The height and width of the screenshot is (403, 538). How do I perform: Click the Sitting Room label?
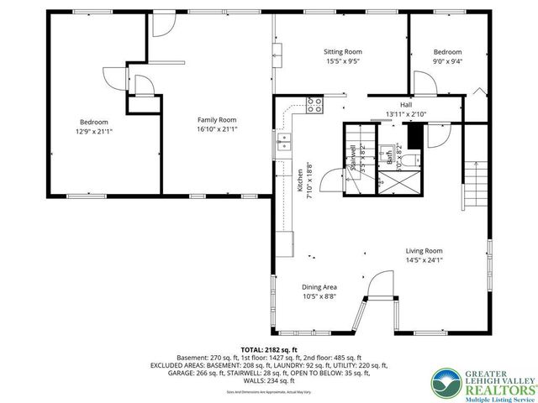click(x=342, y=52)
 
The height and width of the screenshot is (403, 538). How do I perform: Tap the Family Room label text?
click(x=217, y=120)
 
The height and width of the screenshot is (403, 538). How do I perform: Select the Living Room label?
click(x=424, y=250)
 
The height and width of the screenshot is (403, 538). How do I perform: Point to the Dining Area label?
click(x=319, y=287)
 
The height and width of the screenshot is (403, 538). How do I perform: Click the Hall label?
click(x=406, y=104)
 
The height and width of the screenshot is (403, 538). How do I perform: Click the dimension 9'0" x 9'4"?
click(x=447, y=60)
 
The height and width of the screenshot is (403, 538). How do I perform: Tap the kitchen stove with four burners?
click(x=314, y=105)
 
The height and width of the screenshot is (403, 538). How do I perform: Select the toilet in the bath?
click(x=401, y=156)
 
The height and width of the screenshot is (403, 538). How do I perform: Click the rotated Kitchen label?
click(x=299, y=181)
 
